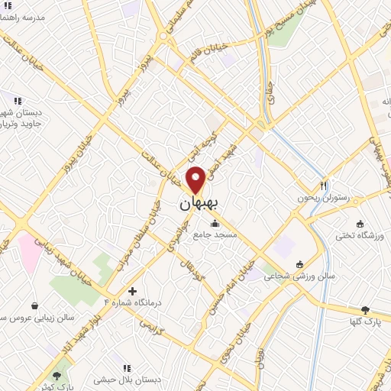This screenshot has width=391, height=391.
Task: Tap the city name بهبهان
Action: pyautogui.click(x=197, y=205)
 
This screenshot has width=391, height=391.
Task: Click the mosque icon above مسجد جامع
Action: pyautogui.click(x=215, y=224)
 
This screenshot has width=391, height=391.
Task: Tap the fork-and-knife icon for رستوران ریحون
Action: pyautogui.click(x=324, y=186)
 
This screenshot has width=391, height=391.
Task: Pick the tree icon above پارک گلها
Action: pyautogui.click(x=365, y=309)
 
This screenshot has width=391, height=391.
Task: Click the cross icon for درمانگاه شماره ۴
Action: pyautogui.click(x=133, y=291)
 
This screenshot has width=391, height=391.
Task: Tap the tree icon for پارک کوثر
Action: pyautogui.click(x=57, y=375)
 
